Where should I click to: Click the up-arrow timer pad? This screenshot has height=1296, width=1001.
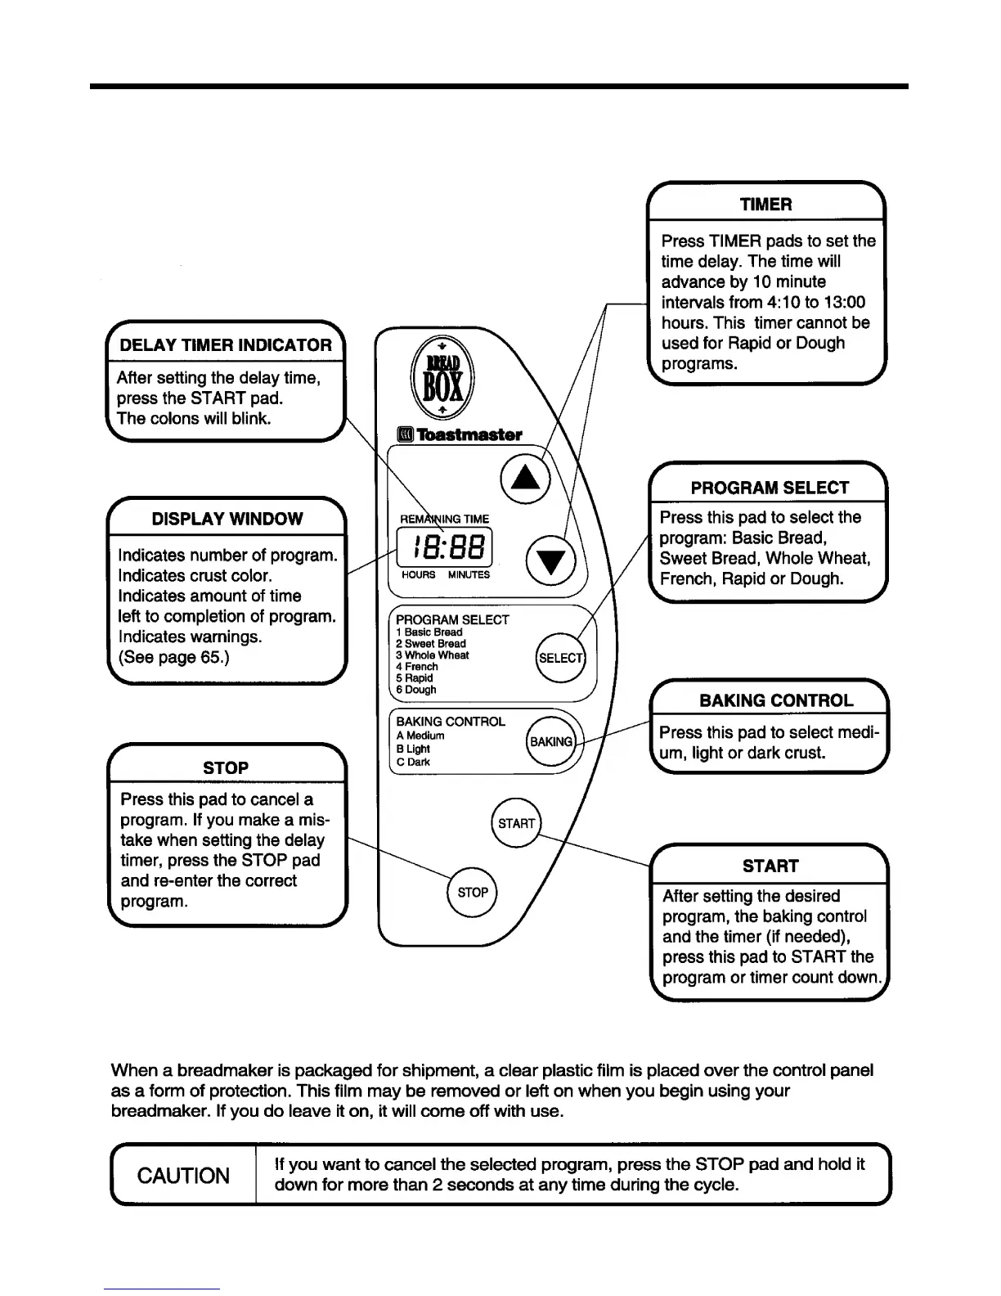click(x=524, y=478)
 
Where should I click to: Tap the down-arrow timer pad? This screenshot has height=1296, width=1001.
click(x=551, y=560)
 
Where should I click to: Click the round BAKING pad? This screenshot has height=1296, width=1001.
click(x=551, y=742)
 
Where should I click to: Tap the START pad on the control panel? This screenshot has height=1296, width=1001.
click(x=516, y=823)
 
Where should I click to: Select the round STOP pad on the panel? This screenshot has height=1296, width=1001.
click(x=473, y=892)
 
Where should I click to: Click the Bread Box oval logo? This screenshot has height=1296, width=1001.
click(x=442, y=380)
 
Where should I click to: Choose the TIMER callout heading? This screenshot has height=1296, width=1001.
click(x=765, y=205)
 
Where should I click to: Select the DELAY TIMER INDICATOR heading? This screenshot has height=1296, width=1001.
click(x=226, y=345)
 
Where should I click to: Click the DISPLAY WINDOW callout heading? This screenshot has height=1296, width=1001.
click(x=227, y=519)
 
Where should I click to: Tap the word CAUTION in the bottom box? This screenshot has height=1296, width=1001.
click(x=183, y=1176)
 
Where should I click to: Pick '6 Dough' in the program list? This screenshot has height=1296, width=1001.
click(x=416, y=690)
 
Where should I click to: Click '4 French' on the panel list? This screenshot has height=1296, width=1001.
click(x=417, y=667)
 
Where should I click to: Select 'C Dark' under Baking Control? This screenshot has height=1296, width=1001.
click(x=413, y=762)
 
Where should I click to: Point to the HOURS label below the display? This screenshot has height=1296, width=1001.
click(x=419, y=574)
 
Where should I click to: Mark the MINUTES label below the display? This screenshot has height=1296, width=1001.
click(x=469, y=574)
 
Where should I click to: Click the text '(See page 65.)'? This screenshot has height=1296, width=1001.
click(x=173, y=657)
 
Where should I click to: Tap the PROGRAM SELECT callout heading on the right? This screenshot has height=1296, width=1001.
click(x=770, y=488)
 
